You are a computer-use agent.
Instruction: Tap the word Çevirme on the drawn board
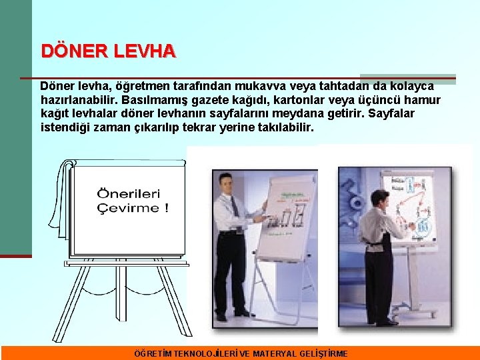[x=126, y=208]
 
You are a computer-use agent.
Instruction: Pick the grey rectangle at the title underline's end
[x=407, y=79]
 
